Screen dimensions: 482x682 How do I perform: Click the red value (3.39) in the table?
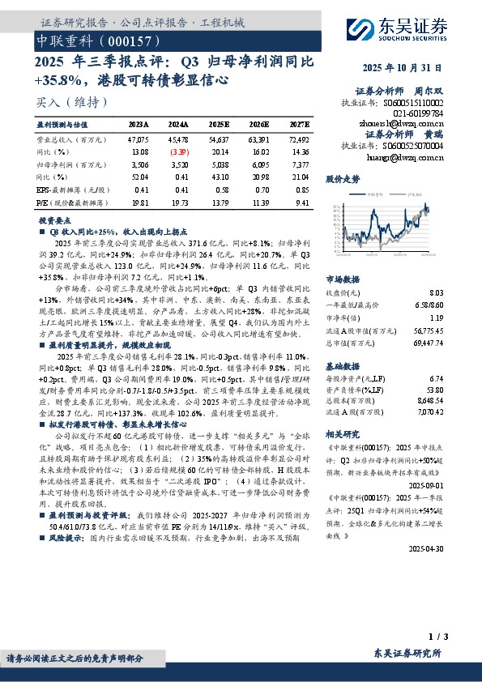179,151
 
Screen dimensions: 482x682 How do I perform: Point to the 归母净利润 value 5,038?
220,164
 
